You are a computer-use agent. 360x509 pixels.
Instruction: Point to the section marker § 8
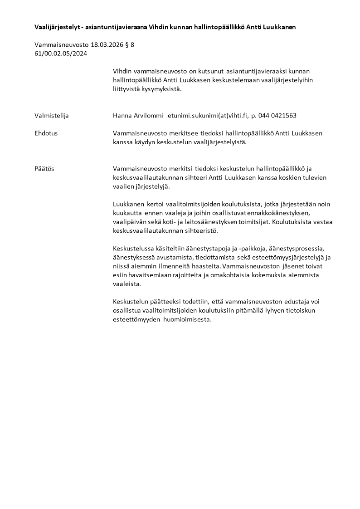[x=132, y=45]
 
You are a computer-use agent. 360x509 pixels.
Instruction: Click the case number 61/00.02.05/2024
[x=61, y=54]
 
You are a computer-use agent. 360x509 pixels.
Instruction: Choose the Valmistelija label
[x=52, y=115]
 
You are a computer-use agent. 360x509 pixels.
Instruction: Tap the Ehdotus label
[x=46, y=133]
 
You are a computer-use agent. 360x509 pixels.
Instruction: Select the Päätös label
[x=44, y=168]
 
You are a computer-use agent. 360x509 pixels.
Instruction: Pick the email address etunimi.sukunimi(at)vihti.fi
[x=206, y=115]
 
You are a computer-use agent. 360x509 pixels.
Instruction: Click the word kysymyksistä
[x=161, y=89]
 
